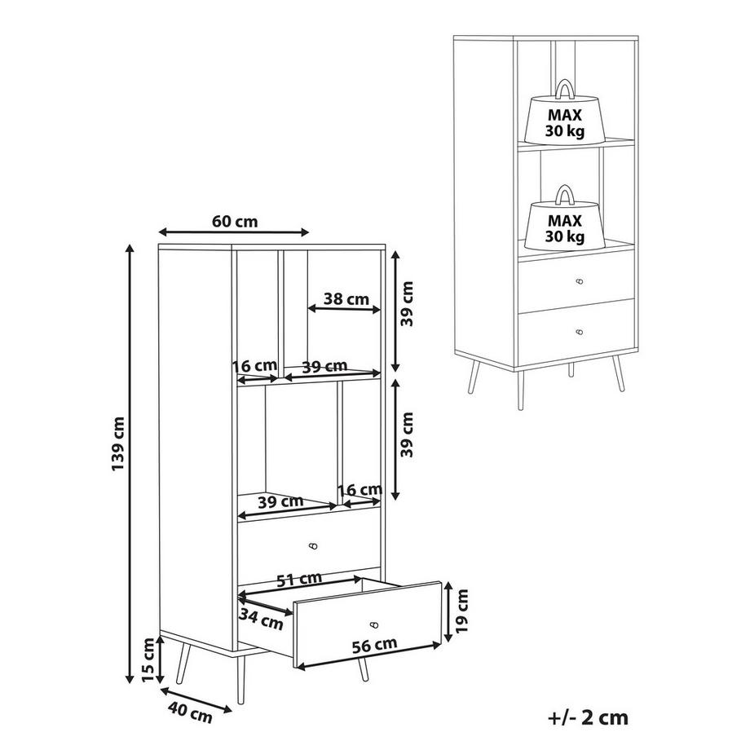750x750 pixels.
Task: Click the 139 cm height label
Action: pyautogui.click(x=118, y=443)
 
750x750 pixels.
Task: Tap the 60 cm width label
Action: pyautogui.click(x=235, y=222)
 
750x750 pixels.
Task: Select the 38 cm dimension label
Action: pyautogui.click(x=346, y=299)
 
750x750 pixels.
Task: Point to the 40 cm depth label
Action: pyautogui.click(x=191, y=712)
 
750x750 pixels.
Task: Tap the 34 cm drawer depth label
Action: pyautogui.click(x=261, y=620)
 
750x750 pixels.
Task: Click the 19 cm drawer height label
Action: pyautogui.click(x=461, y=611)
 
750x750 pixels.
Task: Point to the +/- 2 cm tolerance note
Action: pyautogui.click(x=588, y=718)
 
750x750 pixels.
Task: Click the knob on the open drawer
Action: pyautogui.click(x=374, y=624)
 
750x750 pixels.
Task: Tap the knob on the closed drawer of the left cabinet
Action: pyautogui.click(x=313, y=545)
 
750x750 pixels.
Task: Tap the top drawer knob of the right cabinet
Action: pyautogui.click(x=580, y=281)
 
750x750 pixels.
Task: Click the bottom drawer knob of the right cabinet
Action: pyautogui.click(x=580, y=332)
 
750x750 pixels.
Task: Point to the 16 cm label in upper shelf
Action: pyautogui.click(x=255, y=366)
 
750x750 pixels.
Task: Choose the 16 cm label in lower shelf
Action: pyautogui.click(x=360, y=490)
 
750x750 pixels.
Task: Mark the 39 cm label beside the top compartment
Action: pyautogui.click(x=407, y=304)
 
